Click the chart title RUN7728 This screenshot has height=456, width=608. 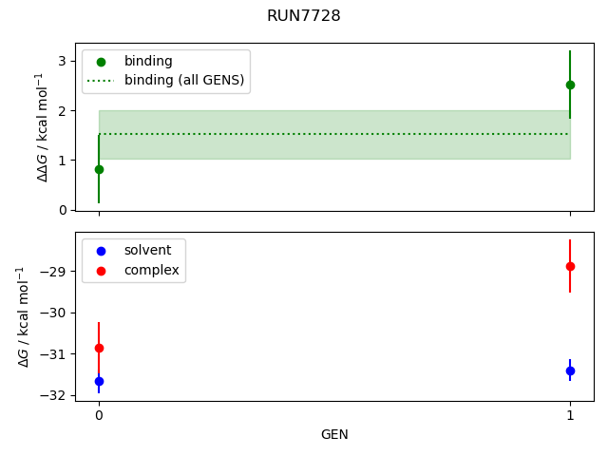[x=304, y=16]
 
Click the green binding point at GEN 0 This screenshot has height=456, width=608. [x=99, y=169]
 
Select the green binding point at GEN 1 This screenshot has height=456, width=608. [x=570, y=85]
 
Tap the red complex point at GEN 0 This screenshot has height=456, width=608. [x=99, y=349]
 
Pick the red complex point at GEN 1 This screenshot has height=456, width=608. [x=570, y=266]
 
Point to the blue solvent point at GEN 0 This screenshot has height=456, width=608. [x=99, y=381]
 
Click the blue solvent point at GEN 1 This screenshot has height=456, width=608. [x=570, y=370]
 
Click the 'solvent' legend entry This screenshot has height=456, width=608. [x=147, y=250]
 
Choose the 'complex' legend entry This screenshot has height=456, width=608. [x=151, y=270]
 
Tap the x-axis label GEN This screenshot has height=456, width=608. [x=334, y=435]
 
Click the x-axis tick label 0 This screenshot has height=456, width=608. [x=99, y=415]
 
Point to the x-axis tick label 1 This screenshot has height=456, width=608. [x=570, y=415]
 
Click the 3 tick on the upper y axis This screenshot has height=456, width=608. [x=63, y=61]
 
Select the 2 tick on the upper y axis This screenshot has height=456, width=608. [x=63, y=110]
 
